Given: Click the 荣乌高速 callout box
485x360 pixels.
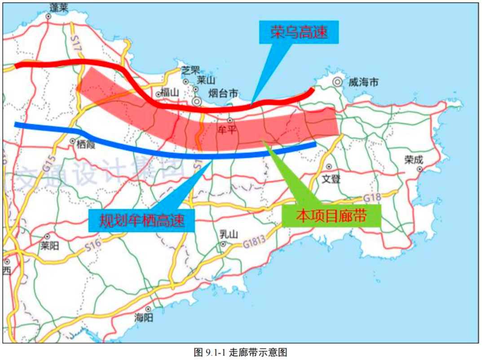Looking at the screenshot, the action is click(x=298, y=32).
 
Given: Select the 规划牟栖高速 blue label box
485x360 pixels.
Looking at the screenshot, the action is click(x=142, y=221).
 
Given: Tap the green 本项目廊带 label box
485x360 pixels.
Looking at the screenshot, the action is click(x=331, y=216).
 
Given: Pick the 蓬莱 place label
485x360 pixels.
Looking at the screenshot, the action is click(x=59, y=7).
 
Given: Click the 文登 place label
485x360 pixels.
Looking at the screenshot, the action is click(x=331, y=178).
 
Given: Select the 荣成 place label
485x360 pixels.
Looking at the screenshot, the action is click(x=414, y=160).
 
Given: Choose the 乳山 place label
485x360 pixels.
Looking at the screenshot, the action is click(x=229, y=234).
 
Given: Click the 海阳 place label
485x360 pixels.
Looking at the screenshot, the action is click(x=144, y=317).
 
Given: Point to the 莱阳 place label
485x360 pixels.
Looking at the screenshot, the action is click(x=50, y=246).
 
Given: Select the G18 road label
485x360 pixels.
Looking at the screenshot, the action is click(x=372, y=198).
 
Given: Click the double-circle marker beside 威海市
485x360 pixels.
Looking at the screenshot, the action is click(x=337, y=82).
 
